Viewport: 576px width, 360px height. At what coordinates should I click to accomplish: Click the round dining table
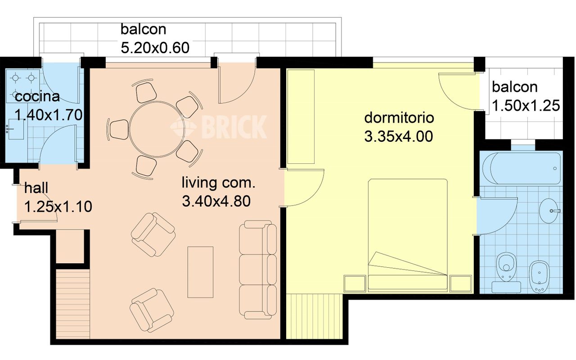(157, 129)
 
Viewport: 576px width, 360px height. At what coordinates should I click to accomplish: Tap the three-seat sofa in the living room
(258, 270)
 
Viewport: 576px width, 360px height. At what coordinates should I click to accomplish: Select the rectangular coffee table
(200, 272)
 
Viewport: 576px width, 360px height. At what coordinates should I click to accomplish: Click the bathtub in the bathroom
(522, 168)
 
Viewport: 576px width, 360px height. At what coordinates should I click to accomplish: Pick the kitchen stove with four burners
(23, 86)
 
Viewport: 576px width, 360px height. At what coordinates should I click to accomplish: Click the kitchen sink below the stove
(15, 129)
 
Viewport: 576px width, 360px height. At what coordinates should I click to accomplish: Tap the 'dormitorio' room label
(399, 118)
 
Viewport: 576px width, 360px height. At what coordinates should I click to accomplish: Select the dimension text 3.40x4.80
(216, 201)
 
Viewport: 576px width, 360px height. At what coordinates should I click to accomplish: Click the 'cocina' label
(37, 97)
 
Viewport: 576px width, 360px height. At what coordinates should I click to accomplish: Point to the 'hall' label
(36, 188)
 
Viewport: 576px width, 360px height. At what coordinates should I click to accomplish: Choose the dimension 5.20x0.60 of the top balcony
(155, 48)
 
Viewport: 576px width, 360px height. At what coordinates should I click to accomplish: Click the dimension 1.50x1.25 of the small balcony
(526, 105)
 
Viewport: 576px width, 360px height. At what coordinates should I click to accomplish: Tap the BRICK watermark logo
(219, 127)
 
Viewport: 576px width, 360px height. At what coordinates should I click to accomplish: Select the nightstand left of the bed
(355, 283)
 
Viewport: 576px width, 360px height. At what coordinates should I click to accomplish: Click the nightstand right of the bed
(461, 283)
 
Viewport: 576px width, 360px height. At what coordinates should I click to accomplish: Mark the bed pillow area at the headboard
(408, 282)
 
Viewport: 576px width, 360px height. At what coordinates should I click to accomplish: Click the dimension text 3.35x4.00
(399, 136)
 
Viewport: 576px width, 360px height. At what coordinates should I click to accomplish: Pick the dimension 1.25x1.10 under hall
(58, 207)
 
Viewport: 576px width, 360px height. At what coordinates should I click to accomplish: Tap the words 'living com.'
(219, 183)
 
